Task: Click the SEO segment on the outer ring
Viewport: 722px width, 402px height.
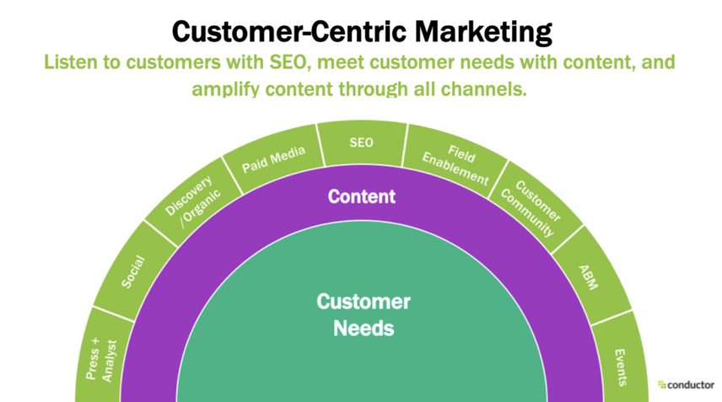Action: pyautogui.click(x=361, y=142)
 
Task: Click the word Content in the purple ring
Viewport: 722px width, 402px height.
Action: pyautogui.click(x=361, y=197)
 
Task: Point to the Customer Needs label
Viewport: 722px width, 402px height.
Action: pyautogui.click(x=363, y=314)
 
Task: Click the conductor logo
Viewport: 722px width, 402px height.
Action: pyautogui.click(x=685, y=384)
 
